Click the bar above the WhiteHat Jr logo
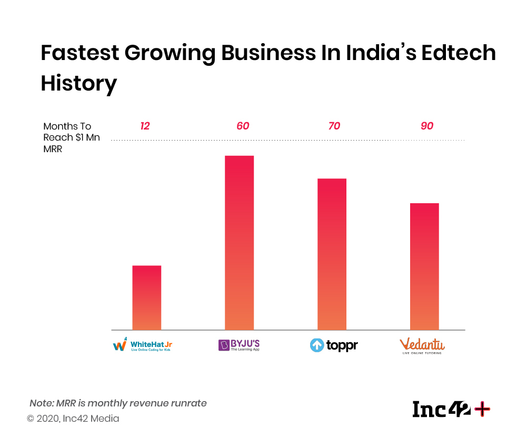pyautogui.click(x=146, y=297)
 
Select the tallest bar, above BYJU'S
pyautogui.click(x=239, y=243)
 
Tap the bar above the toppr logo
pyautogui.click(x=332, y=254)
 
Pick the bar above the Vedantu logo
pyautogui.click(x=424, y=266)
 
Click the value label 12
pyautogui.click(x=145, y=126)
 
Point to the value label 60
pyautogui.click(x=242, y=126)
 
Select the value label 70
pyautogui.click(x=334, y=126)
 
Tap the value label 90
pyautogui.click(x=427, y=126)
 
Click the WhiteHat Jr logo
pyautogui.click(x=143, y=345)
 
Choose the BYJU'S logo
pyautogui.click(x=239, y=345)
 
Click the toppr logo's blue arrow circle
pyautogui.click(x=317, y=346)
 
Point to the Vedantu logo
pyautogui.click(x=422, y=346)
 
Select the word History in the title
pyautogui.click(x=78, y=84)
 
